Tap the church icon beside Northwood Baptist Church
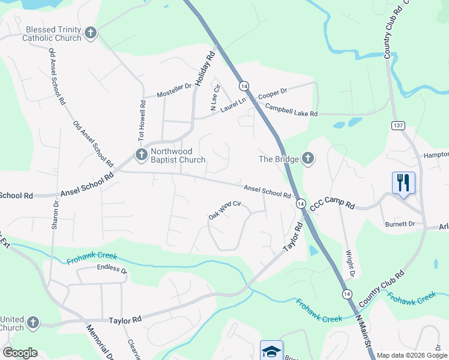141,155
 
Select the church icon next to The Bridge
307,159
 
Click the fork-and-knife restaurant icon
403,182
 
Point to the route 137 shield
397,125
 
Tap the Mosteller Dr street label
173,91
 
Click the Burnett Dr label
400,224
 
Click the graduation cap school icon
271,350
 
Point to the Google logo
20,353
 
